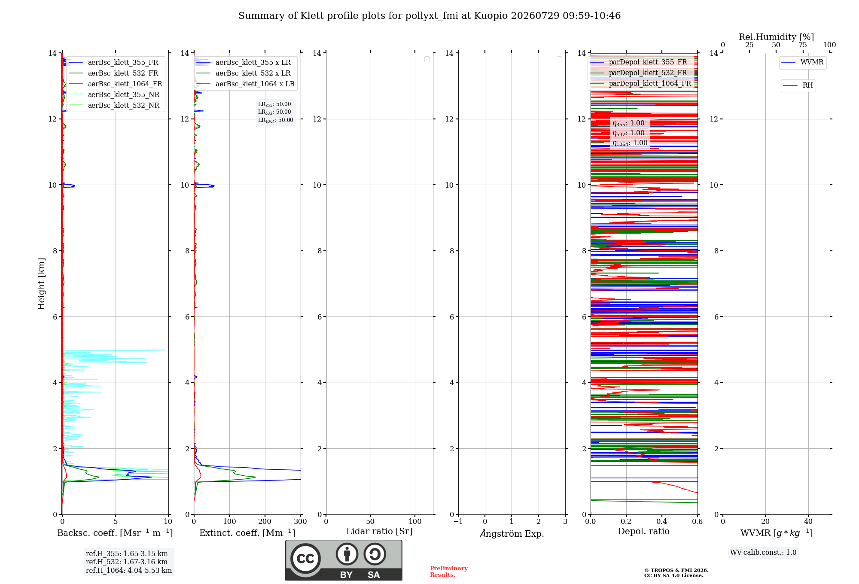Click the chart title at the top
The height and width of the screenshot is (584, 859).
[429, 16]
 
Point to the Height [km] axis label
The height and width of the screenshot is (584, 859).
[41, 284]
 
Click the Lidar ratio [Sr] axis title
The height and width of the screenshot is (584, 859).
[379, 532]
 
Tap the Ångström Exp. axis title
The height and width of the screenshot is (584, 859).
[512, 533]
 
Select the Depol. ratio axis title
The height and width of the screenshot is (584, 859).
[644, 532]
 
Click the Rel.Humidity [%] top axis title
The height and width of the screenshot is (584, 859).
[777, 37]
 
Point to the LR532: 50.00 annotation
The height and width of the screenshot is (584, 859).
[274, 112]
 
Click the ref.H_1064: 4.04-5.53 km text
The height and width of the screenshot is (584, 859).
[129, 571]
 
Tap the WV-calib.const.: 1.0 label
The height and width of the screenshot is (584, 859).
[763, 553]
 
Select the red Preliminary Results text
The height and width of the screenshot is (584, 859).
[449, 572]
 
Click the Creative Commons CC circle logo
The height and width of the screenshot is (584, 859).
[305, 559]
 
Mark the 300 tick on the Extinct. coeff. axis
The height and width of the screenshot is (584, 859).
[301, 522]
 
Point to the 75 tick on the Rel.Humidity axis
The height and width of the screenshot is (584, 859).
[803, 45]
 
